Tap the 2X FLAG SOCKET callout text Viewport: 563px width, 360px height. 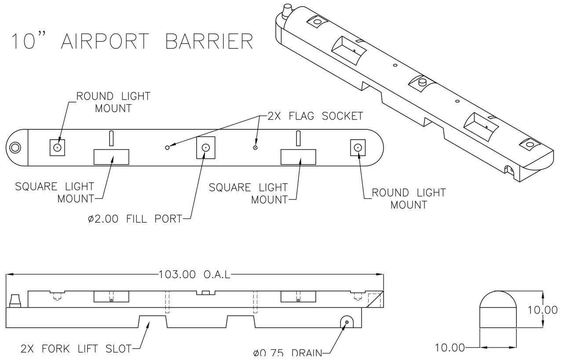click(x=315, y=116)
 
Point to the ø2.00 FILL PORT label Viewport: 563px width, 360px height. click(x=135, y=219)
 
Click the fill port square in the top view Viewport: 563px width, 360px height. click(x=205, y=148)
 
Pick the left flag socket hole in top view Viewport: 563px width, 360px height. click(x=167, y=147)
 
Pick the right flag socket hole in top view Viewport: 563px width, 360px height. click(x=255, y=147)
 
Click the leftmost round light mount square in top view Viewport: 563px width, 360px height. click(x=57, y=147)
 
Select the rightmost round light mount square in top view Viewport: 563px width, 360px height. click(x=358, y=147)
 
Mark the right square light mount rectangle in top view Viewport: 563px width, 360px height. click(x=299, y=157)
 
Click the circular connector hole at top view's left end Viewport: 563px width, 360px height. click(x=16, y=147)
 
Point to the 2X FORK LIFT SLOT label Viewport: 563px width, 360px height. click(x=76, y=349)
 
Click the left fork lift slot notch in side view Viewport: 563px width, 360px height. click(x=153, y=321)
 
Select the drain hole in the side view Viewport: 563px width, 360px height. click(x=347, y=323)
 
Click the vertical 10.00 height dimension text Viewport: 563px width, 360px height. click(x=543, y=310)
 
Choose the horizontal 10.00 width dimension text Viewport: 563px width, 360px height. click(x=450, y=348)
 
